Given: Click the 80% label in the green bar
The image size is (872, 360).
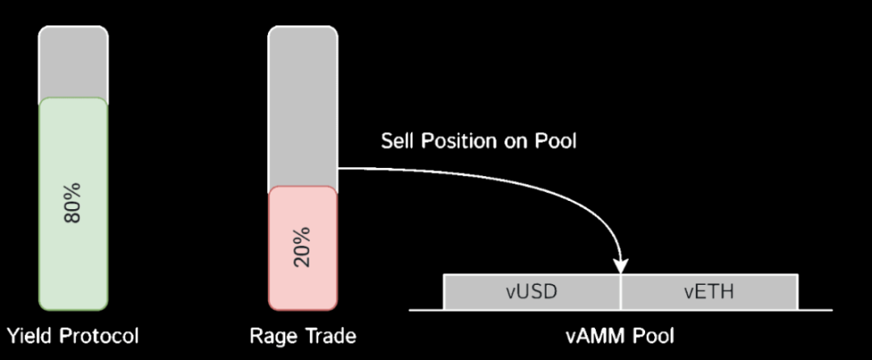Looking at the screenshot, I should click(x=73, y=203).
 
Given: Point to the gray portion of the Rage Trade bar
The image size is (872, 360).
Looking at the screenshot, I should click(x=303, y=105).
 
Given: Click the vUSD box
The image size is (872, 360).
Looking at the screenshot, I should click(x=531, y=291).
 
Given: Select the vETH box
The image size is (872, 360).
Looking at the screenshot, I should click(x=709, y=291).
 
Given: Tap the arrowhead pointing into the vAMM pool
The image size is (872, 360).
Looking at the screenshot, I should click(x=621, y=264).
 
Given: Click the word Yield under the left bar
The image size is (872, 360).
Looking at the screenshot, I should click(x=27, y=335).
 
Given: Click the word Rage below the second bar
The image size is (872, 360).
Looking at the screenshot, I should click(x=270, y=335).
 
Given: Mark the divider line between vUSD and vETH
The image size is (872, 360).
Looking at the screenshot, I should click(x=621, y=291).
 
